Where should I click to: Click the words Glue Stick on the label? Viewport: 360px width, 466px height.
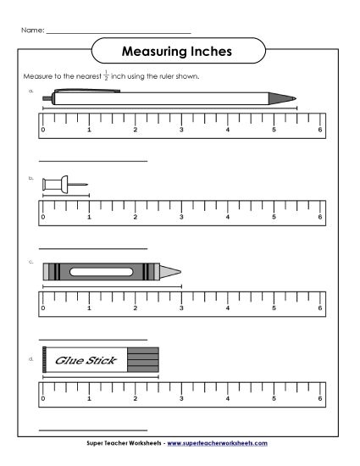(78, 359)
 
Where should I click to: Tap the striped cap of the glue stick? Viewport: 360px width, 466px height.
(142, 359)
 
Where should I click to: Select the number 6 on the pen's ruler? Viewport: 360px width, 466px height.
(320, 130)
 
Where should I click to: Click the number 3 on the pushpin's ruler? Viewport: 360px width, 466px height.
(181, 217)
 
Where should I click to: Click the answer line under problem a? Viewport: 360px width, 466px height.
(93, 161)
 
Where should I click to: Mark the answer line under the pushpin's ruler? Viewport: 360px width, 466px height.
(93, 248)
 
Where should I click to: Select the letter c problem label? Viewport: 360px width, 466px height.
(30, 262)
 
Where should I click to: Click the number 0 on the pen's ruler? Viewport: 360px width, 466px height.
(43, 130)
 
